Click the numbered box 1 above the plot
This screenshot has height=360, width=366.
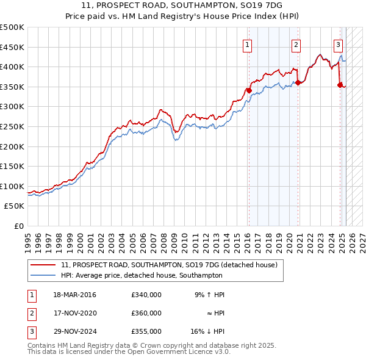click(248, 44)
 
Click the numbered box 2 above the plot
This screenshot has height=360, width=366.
click(296, 44)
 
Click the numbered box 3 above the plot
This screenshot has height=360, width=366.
click(338, 44)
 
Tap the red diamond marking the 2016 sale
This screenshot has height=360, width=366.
click(249, 90)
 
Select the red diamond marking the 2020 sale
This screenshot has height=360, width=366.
click(298, 82)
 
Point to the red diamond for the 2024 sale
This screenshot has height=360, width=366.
click(340, 85)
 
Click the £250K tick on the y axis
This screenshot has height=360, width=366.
click(13, 126)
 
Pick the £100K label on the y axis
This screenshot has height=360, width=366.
click(13, 186)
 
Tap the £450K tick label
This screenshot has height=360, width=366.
click(13, 47)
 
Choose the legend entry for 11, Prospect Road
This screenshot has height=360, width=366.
click(169, 265)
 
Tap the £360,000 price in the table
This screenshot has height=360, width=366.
click(146, 313)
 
